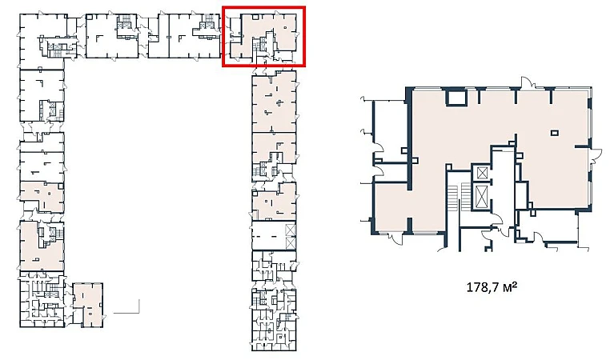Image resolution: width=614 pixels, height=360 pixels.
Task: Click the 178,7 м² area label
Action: [x=492, y=288]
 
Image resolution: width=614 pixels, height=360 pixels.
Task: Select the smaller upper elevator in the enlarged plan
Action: [x=481, y=173]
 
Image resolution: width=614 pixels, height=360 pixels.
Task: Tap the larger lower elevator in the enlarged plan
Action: [x=481, y=197]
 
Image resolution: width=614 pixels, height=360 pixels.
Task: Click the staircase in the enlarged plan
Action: [x=458, y=198]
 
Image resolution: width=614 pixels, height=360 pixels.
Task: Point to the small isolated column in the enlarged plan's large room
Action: [x=555, y=133]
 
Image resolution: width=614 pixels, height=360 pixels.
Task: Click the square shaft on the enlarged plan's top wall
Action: [x=456, y=97]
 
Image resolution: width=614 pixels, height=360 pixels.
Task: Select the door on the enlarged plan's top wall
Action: [x=527, y=83]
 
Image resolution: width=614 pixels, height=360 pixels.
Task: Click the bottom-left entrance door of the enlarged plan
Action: [x=395, y=238]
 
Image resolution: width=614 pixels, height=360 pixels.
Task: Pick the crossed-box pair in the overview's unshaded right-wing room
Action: [x=290, y=236]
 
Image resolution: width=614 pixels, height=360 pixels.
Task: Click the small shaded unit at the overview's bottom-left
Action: [x=89, y=305]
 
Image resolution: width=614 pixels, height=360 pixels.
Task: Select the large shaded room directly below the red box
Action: [x=274, y=102]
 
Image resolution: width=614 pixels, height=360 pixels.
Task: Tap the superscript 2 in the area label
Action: [x=514, y=286]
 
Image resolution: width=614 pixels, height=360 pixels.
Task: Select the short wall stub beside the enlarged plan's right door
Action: [x=582, y=146]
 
